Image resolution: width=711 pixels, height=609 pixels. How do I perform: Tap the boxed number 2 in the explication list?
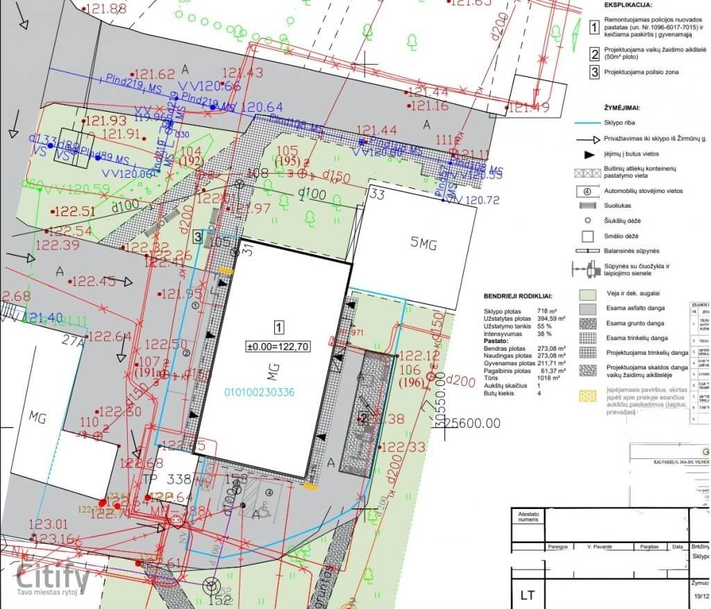[x=594, y=54]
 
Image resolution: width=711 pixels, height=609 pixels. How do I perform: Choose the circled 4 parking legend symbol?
[x=587, y=191]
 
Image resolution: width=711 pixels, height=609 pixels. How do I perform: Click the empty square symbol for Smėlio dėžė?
[x=587, y=235]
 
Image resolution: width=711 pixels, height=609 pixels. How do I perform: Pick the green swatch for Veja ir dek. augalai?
[x=587, y=294]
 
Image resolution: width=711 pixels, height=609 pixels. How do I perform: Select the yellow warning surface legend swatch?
[x=587, y=396]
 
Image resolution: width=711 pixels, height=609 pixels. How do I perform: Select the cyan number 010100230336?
[x=259, y=392]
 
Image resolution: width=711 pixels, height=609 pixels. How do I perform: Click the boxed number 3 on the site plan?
[x=198, y=237]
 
